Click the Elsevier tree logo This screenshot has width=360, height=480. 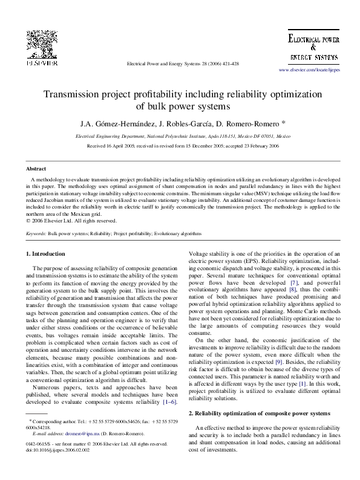tap(41, 44)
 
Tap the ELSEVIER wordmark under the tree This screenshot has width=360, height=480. tap(41, 62)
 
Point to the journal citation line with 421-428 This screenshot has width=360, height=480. tap(181, 63)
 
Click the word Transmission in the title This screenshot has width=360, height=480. tap(73, 95)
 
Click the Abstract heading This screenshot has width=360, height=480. tap(36, 169)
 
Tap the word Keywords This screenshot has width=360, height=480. tap(36, 233)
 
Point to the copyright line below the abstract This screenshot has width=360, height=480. tap(61, 221)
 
